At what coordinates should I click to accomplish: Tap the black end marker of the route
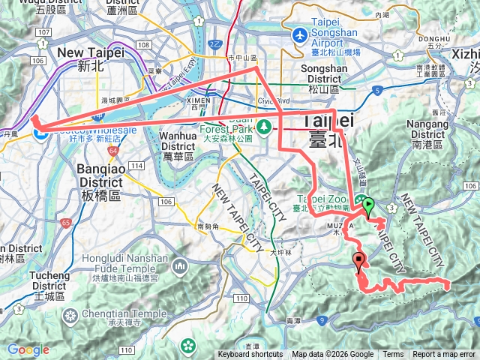pyautogui.click(x=358, y=262)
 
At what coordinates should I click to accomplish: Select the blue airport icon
pyautogui.click(x=300, y=34)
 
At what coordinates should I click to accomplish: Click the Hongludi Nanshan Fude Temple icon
pyautogui.click(x=181, y=266)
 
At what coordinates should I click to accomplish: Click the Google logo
pyautogui.click(x=28, y=349)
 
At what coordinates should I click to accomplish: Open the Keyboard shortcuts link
pyautogui.click(x=250, y=355)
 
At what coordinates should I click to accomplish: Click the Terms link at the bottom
pyautogui.click(x=393, y=355)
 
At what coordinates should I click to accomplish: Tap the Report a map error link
pyautogui.click(x=444, y=355)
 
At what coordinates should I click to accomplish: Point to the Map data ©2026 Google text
pyautogui.click(x=333, y=355)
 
